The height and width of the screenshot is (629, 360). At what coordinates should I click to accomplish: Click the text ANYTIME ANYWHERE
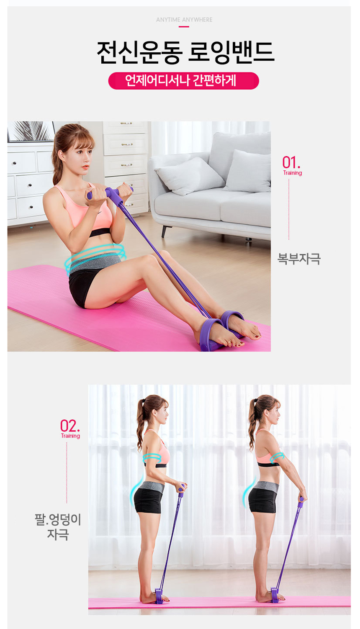pyautogui.click(x=184, y=20)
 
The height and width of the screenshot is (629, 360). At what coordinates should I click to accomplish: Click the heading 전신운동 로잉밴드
pyautogui.click(x=185, y=52)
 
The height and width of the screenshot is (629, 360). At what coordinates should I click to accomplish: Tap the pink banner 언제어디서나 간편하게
pyautogui.click(x=184, y=81)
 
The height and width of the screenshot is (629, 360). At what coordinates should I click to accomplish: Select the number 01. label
pyautogui.click(x=291, y=162)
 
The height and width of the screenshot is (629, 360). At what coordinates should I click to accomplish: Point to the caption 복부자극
pyautogui.click(x=299, y=259)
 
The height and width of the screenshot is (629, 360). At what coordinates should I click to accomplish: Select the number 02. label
pyautogui.click(x=70, y=426)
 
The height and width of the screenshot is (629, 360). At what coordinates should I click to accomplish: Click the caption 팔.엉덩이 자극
pyautogui.click(x=58, y=527)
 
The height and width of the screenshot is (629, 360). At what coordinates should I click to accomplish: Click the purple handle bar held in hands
pyautogui.click(x=110, y=193)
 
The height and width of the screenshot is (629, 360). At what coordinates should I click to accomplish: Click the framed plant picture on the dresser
pyautogui.click(x=31, y=131)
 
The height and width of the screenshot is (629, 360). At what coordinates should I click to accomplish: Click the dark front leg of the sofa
pyautogui.click(x=164, y=231)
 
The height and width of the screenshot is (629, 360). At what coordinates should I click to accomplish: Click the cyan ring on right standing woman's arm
pyautogui.click(x=277, y=458)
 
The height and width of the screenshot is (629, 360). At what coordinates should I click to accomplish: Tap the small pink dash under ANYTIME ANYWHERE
pyautogui.click(x=184, y=27)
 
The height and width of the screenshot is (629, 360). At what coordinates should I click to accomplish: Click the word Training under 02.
pyautogui.click(x=70, y=436)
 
